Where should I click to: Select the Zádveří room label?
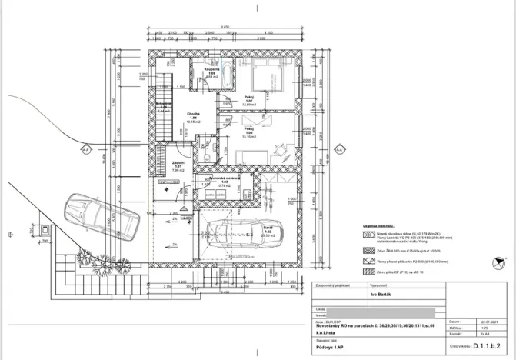coord(177,164)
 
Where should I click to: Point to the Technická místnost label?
coord(225,179)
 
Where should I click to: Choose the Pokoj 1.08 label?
coord(248,132)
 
